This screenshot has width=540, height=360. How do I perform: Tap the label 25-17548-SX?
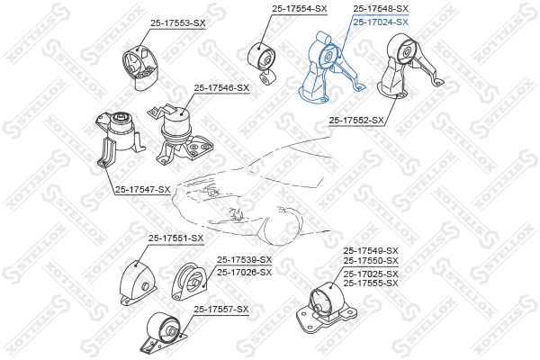pyautogui.click(x=380, y=8)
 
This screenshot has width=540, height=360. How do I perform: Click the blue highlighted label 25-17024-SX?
pyautogui.click(x=380, y=21)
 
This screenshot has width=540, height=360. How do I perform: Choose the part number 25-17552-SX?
pyautogui.click(x=356, y=119)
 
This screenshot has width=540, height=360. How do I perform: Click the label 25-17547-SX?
pyautogui.click(x=142, y=189)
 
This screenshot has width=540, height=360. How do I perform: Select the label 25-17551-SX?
pyautogui.click(x=175, y=238)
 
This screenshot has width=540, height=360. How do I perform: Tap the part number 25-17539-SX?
pyautogui.click(x=243, y=259)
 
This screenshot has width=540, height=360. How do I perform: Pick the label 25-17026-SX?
pyautogui.click(x=243, y=271)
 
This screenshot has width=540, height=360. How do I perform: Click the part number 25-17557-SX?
pyautogui.click(x=220, y=309)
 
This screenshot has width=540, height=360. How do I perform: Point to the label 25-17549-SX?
pyautogui.click(x=370, y=250)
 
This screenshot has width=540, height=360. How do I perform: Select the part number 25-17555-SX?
pyautogui.click(x=370, y=283)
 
